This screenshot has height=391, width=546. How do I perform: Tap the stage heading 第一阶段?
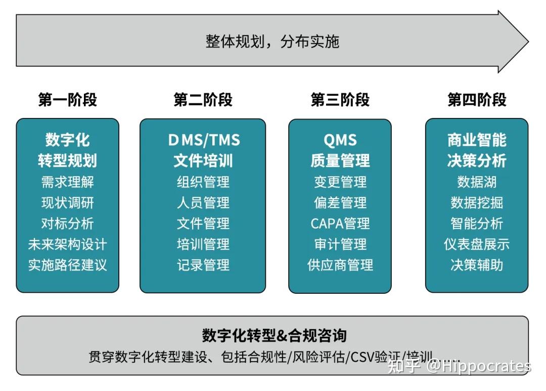click(67, 100)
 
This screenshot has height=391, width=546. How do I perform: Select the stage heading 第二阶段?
click(203, 100)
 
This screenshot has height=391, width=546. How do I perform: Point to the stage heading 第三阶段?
click(340, 100)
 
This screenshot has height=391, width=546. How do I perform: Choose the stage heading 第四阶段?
click(476, 100)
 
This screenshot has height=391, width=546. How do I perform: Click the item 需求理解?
click(67, 182)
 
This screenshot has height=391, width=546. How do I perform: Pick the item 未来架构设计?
click(67, 244)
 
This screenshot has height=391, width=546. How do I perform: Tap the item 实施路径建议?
click(67, 265)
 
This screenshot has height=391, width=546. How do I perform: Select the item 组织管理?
click(203, 182)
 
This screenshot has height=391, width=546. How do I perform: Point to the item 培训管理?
click(203, 244)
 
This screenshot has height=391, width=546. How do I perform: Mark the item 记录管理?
click(203, 265)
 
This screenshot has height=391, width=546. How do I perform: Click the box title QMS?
click(340, 140)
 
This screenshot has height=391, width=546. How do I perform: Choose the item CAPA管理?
click(340, 223)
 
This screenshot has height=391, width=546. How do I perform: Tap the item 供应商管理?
click(340, 265)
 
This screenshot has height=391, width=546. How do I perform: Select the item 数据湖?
click(476, 182)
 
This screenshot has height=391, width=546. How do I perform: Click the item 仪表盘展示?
click(476, 244)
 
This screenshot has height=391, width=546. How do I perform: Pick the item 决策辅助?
click(476, 265)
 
